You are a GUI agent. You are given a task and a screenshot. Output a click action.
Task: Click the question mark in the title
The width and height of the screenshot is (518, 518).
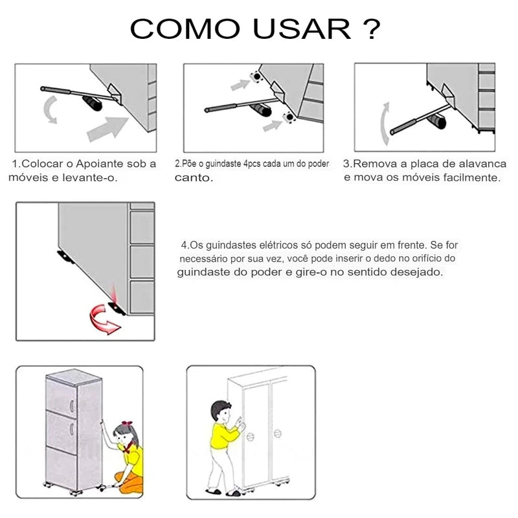(371, 29)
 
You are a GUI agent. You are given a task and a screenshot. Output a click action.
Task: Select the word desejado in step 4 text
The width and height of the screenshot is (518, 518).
(417, 272)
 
